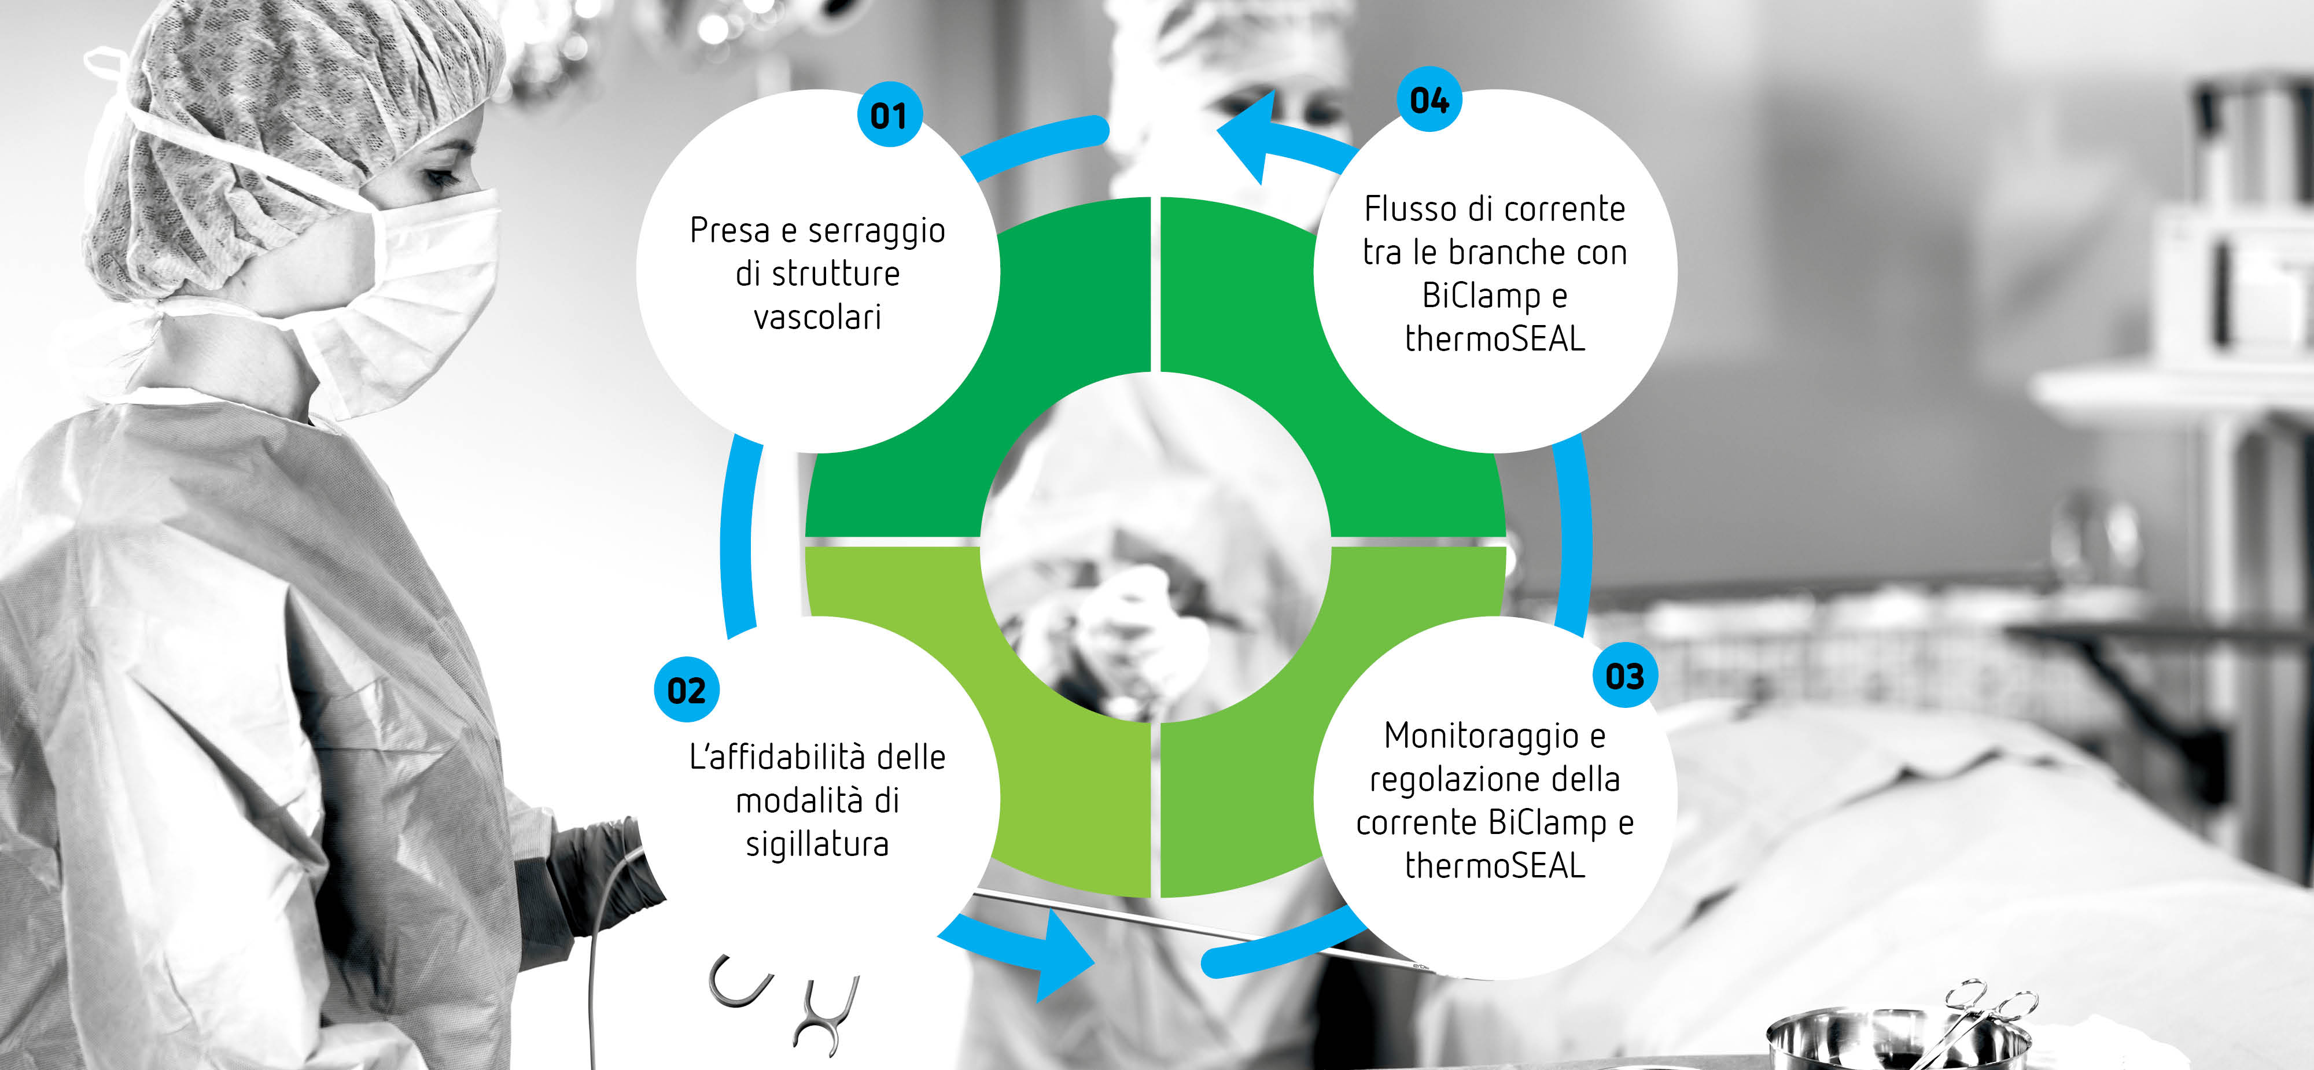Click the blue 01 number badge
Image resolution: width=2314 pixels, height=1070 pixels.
889,115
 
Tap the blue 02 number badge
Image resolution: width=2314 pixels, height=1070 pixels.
686,690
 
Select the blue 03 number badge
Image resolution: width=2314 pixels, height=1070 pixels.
1625,676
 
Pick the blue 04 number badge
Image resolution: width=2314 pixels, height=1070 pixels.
1429,99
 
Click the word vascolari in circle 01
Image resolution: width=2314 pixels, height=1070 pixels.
817,317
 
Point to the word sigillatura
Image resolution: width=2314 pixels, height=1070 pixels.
817,844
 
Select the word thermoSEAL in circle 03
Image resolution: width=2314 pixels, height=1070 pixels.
1495,865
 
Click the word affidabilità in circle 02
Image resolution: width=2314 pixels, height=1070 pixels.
793,757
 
